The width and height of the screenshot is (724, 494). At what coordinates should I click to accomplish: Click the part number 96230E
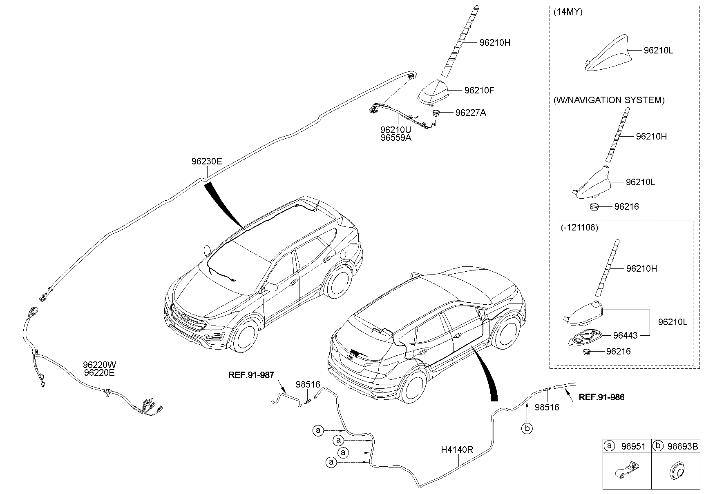click(x=207, y=162)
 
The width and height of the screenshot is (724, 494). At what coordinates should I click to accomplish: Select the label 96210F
click(x=479, y=90)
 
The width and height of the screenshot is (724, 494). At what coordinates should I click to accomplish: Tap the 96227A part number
click(x=471, y=113)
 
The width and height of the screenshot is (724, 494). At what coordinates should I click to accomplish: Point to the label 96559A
click(x=396, y=137)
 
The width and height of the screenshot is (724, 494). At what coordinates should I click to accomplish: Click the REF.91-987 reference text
click(x=251, y=374)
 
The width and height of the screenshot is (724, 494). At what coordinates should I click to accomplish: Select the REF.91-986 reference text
click(x=601, y=397)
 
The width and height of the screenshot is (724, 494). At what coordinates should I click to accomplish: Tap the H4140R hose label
click(x=457, y=450)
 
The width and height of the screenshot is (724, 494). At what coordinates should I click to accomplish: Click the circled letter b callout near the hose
click(x=527, y=428)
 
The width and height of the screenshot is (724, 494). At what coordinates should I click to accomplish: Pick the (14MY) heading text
click(x=568, y=12)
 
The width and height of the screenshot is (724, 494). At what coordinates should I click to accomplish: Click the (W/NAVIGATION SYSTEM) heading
click(x=609, y=100)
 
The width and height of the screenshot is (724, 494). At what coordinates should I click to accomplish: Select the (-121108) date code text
click(x=580, y=228)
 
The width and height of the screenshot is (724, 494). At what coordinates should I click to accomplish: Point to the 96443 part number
click(x=625, y=335)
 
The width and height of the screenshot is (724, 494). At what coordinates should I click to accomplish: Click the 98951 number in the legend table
click(x=633, y=446)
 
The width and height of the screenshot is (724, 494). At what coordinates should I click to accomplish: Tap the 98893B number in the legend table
click(x=683, y=446)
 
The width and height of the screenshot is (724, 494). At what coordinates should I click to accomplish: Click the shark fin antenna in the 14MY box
click(x=606, y=54)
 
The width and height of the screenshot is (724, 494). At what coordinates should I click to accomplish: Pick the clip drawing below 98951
click(x=626, y=472)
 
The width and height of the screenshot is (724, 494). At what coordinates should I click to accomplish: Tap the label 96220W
click(x=99, y=365)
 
